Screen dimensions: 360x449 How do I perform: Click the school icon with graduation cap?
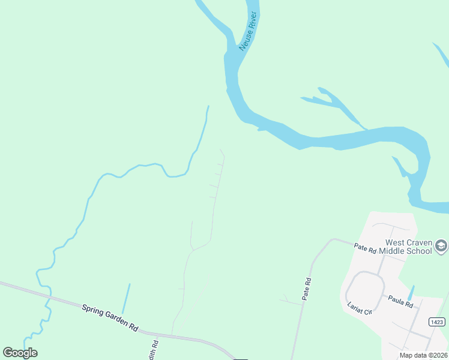[x=441, y=245]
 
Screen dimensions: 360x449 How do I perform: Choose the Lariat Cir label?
[x=360, y=308]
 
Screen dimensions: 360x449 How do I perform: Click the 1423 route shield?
[x=438, y=322]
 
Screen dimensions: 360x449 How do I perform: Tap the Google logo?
[x=20, y=353]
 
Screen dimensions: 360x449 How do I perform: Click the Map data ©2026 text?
[x=423, y=355]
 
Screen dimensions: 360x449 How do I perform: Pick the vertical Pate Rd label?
[x=307, y=289]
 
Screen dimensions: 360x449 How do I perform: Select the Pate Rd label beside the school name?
[x=364, y=247]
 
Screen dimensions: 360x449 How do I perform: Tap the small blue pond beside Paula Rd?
[x=410, y=293]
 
